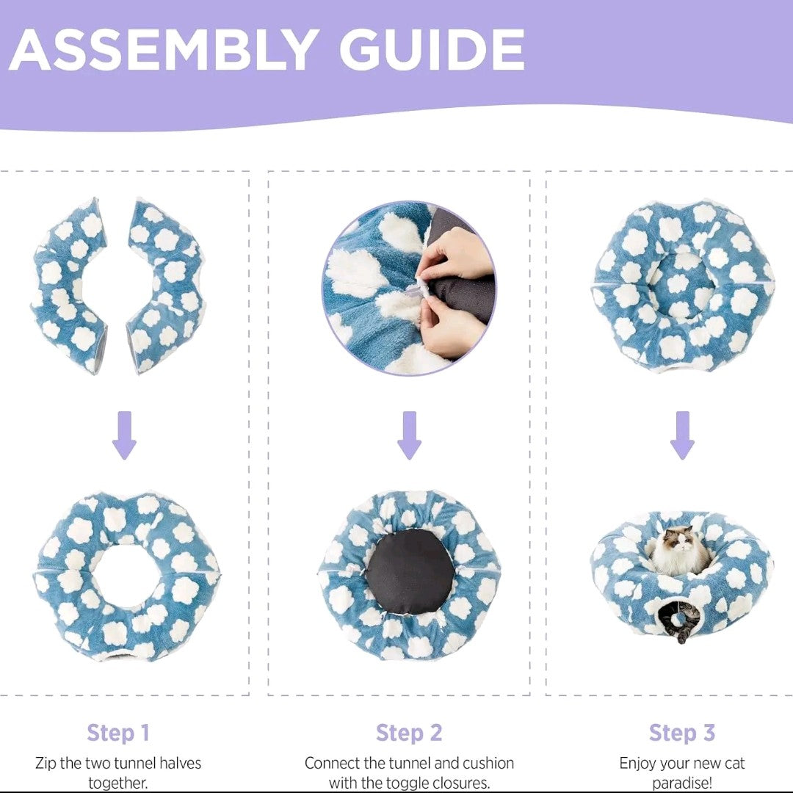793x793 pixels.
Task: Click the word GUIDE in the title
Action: point(432,50)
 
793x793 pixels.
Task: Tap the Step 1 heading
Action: point(118,733)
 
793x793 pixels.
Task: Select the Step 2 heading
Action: point(409,733)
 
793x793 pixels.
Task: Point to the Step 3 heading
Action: point(682,733)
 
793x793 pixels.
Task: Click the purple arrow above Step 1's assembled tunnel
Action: point(124,435)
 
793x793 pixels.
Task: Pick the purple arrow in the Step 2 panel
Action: point(409,435)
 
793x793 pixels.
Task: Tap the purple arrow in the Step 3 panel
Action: point(682,435)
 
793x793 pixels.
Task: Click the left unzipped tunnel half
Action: point(70,286)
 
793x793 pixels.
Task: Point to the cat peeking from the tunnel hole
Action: point(678,622)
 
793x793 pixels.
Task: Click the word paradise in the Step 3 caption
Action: point(678,783)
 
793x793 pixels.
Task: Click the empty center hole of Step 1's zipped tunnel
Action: point(128,576)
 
